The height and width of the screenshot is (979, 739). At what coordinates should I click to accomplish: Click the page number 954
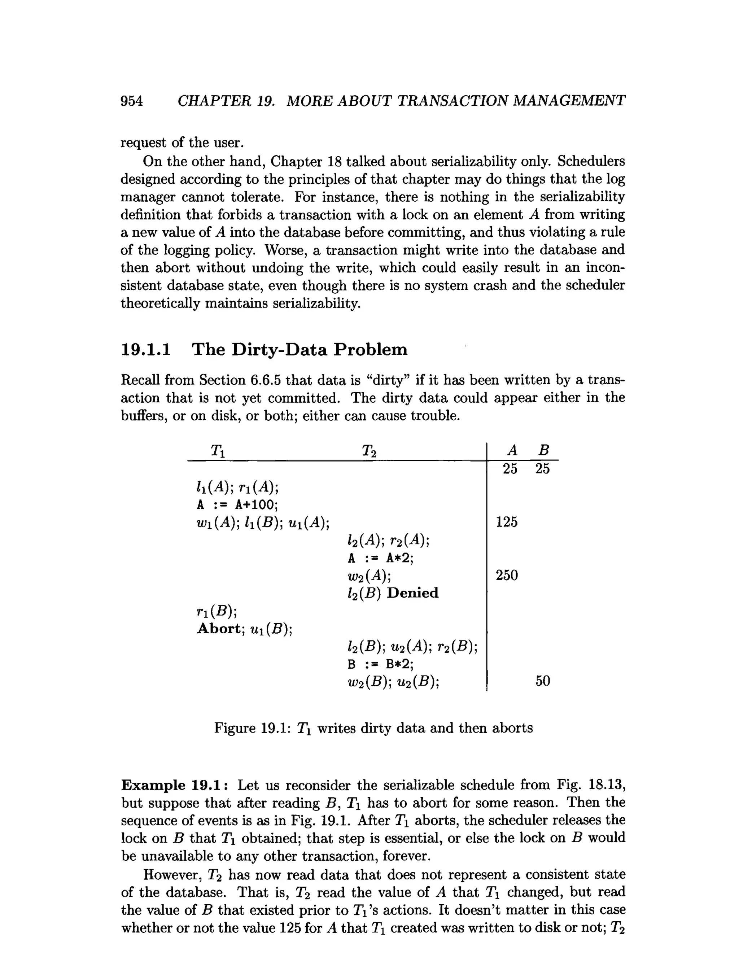tap(132, 101)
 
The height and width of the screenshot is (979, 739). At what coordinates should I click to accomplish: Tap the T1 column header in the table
tap(217, 451)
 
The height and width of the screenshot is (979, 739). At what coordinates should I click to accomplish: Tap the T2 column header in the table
tap(369, 451)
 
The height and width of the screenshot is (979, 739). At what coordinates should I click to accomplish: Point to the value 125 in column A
tap(507, 522)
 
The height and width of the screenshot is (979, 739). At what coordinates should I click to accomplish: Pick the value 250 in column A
tap(507, 575)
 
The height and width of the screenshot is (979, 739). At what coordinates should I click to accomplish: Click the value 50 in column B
tap(543, 681)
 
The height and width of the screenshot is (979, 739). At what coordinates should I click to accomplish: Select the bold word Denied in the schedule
tap(412, 593)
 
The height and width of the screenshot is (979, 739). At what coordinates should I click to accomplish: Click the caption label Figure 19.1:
tap(252, 728)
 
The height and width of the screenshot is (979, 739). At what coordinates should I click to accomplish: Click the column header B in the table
tap(543, 451)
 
